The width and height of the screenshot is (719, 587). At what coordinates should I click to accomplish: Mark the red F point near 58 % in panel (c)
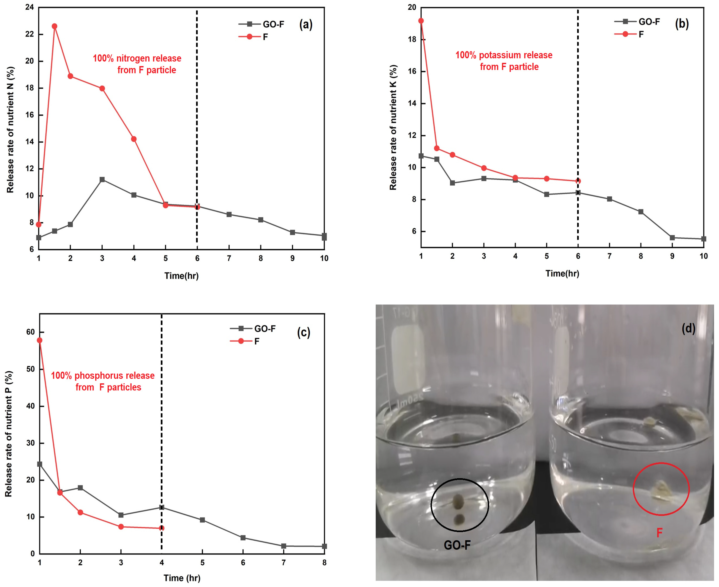click(x=40, y=340)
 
